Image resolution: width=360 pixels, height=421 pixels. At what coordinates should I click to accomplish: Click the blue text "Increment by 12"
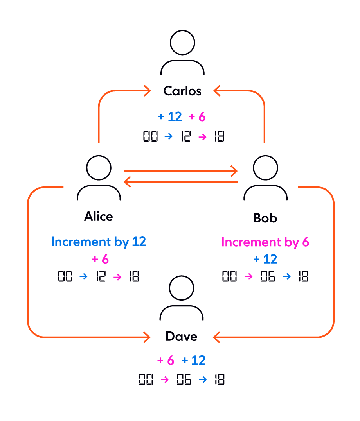tap(98, 242)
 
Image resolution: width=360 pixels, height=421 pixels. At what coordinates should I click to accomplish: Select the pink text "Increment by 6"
tap(265, 242)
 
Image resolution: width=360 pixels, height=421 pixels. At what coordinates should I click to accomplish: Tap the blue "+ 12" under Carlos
tap(170, 116)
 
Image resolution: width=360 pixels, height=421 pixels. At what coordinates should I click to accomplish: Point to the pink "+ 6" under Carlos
tap(197, 116)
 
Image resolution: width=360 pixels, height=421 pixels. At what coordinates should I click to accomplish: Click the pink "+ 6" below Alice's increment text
tap(100, 259)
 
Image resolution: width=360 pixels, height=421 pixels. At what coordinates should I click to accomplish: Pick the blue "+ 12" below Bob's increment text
tap(265, 259)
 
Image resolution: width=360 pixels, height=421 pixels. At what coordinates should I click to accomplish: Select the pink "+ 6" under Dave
tap(166, 360)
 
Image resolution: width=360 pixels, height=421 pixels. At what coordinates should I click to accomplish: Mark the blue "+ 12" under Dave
tap(194, 360)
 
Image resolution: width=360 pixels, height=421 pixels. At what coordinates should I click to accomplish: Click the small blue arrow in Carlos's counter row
tap(168, 136)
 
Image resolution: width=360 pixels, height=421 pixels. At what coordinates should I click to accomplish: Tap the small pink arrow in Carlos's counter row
tap(202, 137)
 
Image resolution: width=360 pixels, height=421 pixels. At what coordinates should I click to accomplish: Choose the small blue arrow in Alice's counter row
tap(83, 277)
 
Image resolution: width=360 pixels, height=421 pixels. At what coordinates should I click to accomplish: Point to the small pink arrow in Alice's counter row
tap(117, 277)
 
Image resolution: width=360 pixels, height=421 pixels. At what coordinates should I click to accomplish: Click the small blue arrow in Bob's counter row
tap(286, 277)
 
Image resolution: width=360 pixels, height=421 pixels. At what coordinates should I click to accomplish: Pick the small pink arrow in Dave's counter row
tap(165, 380)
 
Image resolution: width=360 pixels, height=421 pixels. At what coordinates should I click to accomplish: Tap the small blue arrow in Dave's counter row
tap(203, 380)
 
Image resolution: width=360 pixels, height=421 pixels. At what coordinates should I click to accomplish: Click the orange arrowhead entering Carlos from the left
tap(148, 91)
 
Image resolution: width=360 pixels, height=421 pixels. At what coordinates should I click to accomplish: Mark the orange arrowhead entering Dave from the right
tap(216, 337)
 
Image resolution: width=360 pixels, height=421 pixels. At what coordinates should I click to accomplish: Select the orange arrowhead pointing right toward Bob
tap(234, 171)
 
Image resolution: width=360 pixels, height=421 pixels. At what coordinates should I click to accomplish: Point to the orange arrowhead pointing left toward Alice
tap(127, 182)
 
